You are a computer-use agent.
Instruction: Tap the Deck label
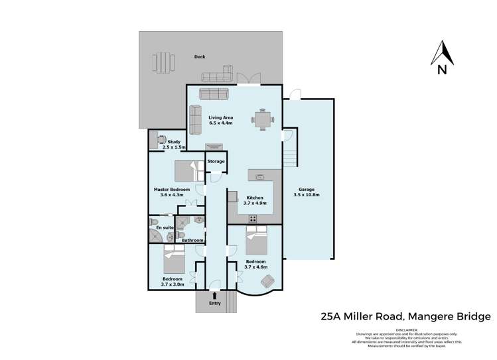199,57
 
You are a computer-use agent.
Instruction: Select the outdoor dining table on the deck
165,62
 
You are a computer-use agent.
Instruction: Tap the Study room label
174,143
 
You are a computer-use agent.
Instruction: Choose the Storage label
216,161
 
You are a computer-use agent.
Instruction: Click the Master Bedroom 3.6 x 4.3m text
172,192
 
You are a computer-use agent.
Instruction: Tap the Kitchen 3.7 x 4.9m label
254,200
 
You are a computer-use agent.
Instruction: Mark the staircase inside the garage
290,159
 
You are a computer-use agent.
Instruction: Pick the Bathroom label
192,240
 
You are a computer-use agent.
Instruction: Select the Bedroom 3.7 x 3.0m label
172,281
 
